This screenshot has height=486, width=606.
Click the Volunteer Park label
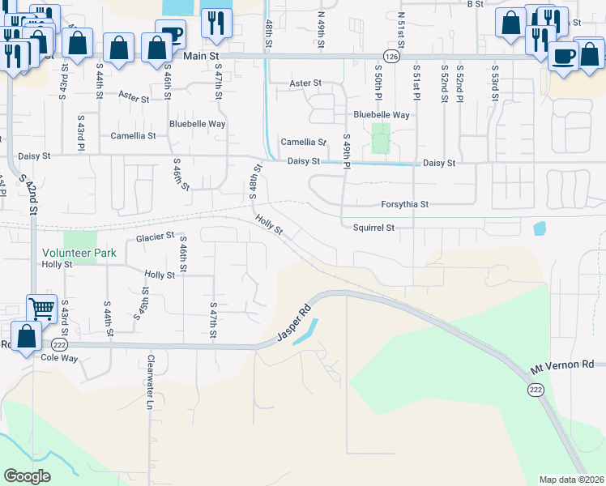(79, 253)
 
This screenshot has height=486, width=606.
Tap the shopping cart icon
(41, 309)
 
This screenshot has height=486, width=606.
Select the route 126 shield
(392, 57)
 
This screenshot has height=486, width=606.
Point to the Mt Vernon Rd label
(562, 366)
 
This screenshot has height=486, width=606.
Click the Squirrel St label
(373, 228)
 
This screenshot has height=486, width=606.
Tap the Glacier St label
(155, 237)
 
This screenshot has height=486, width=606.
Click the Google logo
(27, 476)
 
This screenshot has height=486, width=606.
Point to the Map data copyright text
(571, 480)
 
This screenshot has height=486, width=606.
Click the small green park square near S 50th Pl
(380, 139)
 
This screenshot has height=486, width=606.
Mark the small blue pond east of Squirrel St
(540, 229)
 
